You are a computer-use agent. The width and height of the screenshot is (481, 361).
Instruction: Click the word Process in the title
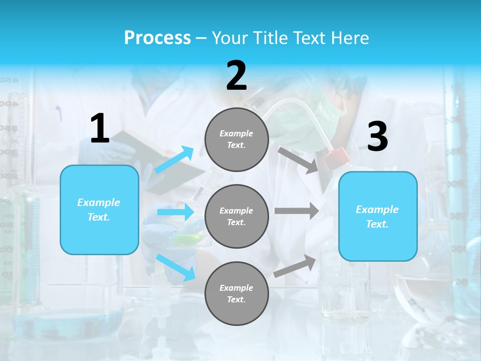tap(157, 38)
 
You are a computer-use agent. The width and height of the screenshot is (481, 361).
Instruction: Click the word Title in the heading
tap(269, 38)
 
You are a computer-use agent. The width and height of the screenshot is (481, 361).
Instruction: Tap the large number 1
tap(100, 129)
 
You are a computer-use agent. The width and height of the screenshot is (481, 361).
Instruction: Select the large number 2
tap(236, 76)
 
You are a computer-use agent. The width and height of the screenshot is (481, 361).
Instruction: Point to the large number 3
tap(377, 137)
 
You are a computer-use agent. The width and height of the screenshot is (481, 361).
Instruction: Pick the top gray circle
tap(236, 139)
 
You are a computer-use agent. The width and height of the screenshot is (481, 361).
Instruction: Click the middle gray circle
tap(236, 216)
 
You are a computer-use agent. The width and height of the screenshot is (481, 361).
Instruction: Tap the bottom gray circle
tap(236, 293)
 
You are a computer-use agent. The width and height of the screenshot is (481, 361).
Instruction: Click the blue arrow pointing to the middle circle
tap(175, 212)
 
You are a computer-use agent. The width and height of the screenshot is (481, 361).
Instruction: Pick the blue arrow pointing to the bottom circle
tap(176, 267)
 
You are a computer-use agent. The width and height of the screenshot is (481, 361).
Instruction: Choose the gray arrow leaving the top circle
tap(299, 160)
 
